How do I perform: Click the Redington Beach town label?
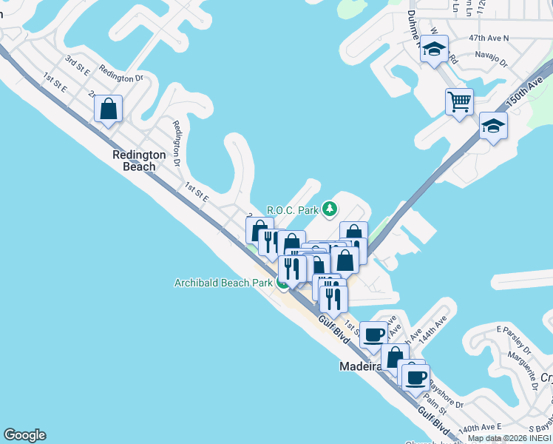point(134,161)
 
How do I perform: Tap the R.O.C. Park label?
point(292,209)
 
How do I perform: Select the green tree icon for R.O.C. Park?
point(330,209)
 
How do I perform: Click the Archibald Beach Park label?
point(223,283)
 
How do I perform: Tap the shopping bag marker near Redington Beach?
point(108,110)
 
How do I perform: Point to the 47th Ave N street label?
point(489,38)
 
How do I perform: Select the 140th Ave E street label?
point(480,428)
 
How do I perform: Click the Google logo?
point(24,435)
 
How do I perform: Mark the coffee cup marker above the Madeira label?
point(373,334)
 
